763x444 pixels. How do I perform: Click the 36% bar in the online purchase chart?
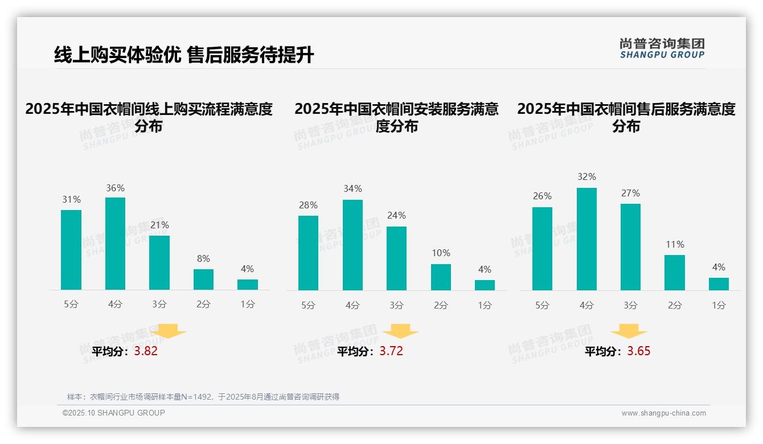(115, 244)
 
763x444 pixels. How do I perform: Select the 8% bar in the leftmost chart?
(203, 279)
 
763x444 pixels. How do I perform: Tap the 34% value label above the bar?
(352, 188)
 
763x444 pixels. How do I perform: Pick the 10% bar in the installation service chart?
(441, 277)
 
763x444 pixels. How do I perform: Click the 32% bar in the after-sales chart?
(586, 239)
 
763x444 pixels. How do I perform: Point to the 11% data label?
(675, 244)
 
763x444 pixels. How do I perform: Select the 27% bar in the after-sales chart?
(630, 247)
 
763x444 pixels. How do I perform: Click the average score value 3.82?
(146, 351)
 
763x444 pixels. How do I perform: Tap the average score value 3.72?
(391, 351)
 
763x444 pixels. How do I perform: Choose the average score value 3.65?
(639, 351)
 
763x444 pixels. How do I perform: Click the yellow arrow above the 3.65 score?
(629, 331)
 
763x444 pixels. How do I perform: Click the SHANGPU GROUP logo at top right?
(662, 48)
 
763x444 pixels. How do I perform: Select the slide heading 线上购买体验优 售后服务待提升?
(183, 55)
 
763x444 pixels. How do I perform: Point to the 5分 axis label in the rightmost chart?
(542, 305)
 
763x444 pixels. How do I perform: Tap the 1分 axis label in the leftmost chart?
(247, 304)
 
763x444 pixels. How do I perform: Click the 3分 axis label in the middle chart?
(396, 305)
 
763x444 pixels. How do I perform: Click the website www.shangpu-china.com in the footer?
(663, 413)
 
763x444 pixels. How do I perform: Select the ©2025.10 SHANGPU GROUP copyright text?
(113, 413)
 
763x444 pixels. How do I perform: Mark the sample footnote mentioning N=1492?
(203, 397)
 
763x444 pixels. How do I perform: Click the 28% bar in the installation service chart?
(308, 253)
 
